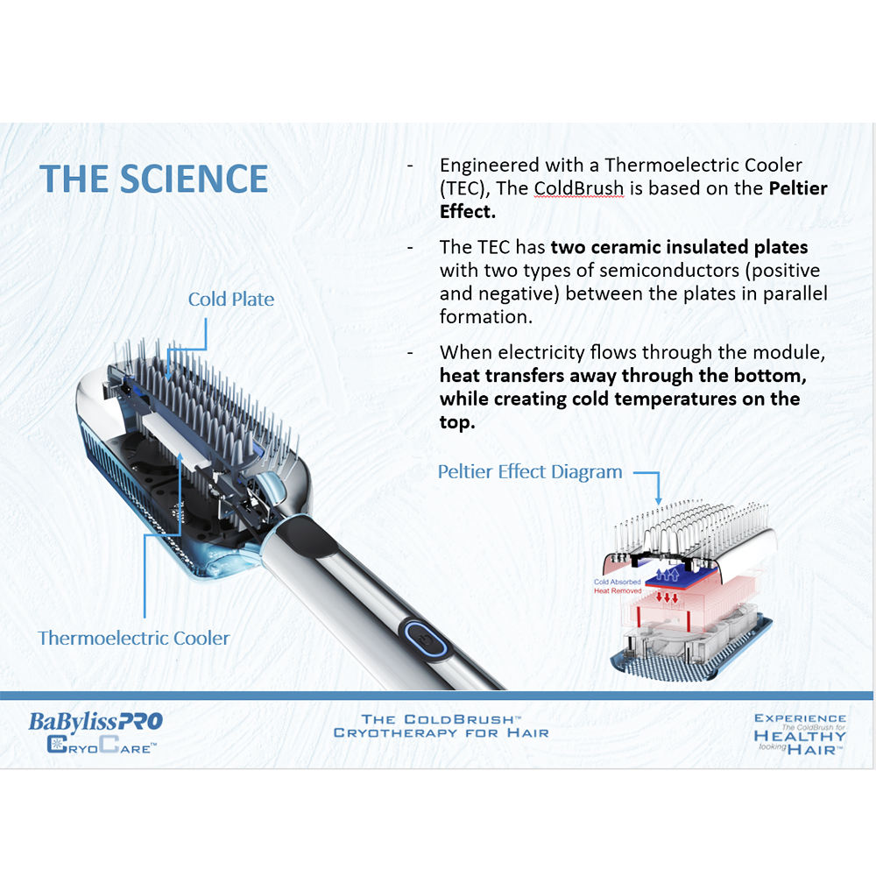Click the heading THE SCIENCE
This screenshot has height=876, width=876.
153,179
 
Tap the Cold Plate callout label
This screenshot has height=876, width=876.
230,299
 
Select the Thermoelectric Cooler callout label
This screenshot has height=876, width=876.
133,638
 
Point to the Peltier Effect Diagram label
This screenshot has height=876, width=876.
530,472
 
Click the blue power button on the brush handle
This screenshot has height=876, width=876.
425,639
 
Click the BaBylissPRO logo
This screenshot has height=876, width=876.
95,721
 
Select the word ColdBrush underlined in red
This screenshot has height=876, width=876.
578,188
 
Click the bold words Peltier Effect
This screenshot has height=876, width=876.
633,200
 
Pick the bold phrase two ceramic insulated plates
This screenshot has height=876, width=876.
680,247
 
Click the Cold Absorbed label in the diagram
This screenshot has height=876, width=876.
617,582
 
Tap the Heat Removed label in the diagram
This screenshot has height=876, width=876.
618,590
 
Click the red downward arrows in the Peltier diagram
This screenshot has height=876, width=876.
667,597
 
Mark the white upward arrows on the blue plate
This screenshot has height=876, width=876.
667,575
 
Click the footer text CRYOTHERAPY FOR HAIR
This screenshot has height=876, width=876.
442,733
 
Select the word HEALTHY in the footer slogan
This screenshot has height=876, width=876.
800,737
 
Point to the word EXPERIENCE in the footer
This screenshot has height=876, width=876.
800,718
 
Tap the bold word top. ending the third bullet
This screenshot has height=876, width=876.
457,423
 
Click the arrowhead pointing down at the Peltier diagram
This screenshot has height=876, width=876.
659,500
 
